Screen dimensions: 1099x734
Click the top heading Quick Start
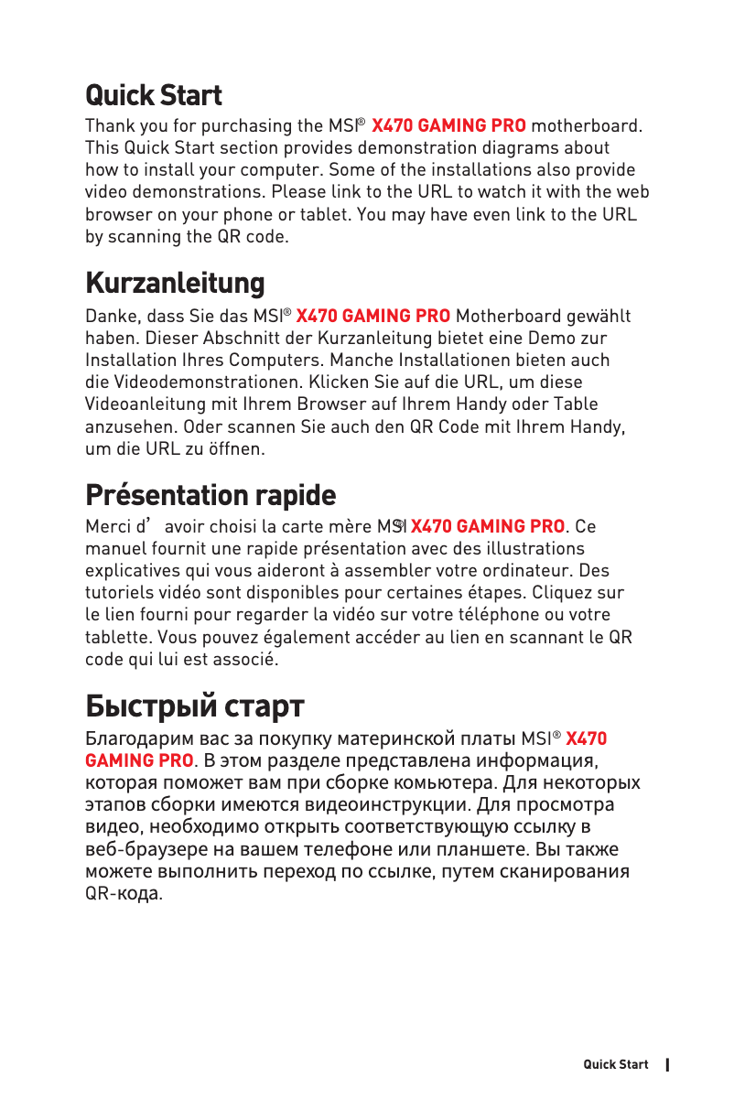[x=153, y=95]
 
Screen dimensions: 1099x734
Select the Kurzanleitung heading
[x=175, y=283]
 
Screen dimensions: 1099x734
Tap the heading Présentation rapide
[x=210, y=495]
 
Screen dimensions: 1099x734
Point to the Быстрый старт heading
[x=194, y=706]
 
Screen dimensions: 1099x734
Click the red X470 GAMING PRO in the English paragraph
[x=448, y=125]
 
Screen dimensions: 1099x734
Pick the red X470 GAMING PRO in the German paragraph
[x=373, y=317]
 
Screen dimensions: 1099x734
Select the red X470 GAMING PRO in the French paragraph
[x=488, y=527]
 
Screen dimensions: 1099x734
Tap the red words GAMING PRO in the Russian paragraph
[x=139, y=760]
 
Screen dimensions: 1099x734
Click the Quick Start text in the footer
[x=616, y=1064]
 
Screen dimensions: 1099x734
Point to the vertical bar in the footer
[x=668, y=1064]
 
